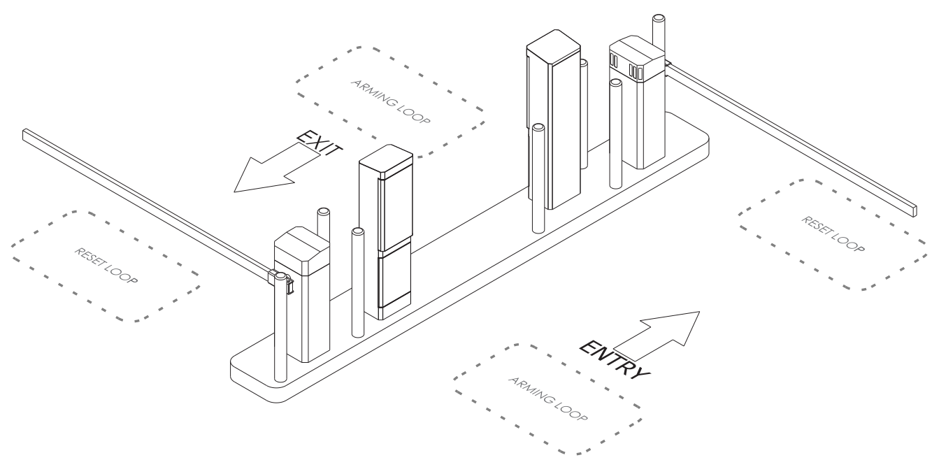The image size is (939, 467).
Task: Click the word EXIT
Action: pos(320,144)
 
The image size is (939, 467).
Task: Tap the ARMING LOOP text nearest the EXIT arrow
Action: pos(390,102)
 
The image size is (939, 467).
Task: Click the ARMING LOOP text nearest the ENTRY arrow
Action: pos(548,398)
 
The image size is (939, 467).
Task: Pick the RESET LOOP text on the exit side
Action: pos(106,266)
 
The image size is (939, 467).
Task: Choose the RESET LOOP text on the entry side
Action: pos(833,234)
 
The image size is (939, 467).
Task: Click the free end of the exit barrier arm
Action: pos(25,134)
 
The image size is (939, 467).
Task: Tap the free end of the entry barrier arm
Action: pos(914,211)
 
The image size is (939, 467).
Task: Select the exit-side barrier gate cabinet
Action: pos(302,294)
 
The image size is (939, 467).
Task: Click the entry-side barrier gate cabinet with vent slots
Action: pos(637,102)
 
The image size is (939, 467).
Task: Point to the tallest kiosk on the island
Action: pos(554,120)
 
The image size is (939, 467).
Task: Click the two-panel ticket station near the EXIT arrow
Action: pos(386,232)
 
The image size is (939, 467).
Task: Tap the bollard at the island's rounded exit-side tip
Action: pos(280,327)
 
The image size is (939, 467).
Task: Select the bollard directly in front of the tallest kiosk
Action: pos(538,178)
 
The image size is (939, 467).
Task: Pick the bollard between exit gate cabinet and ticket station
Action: pos(357,282)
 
